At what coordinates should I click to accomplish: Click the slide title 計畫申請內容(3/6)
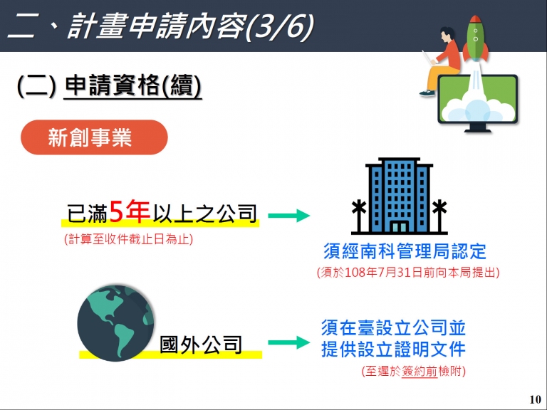(x=191, y=26)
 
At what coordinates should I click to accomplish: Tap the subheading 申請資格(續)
(x=133, y=85)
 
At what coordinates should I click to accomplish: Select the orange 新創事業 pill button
(x=94, y=137)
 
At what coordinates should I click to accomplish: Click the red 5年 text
(x=130, y=211)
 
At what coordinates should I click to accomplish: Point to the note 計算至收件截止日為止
(x=128, y=239)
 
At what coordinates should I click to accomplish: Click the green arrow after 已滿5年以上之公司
(x=289, y=215)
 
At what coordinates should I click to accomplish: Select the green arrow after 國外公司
(x=289, y=342)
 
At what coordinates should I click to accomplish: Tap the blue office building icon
(x=399, y=196)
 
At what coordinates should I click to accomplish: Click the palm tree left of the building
(x=359, y=216)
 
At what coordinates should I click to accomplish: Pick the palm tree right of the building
(x=439, y=216)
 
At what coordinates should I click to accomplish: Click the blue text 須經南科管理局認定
(x=405, y=251)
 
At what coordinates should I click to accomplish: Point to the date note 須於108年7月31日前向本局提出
(x=408, y=273)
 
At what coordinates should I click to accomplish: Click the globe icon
(x=115, y=322)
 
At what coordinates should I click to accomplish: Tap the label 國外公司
(x=201, y=345)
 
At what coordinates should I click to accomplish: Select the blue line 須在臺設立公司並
(x=393, y=327)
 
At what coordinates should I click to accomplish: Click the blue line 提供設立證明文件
(x=393, y=349)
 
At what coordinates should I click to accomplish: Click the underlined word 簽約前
(x=420, y=372)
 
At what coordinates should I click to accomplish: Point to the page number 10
(x=535, y=399)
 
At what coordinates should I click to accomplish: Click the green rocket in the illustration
(x=476, y=39)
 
